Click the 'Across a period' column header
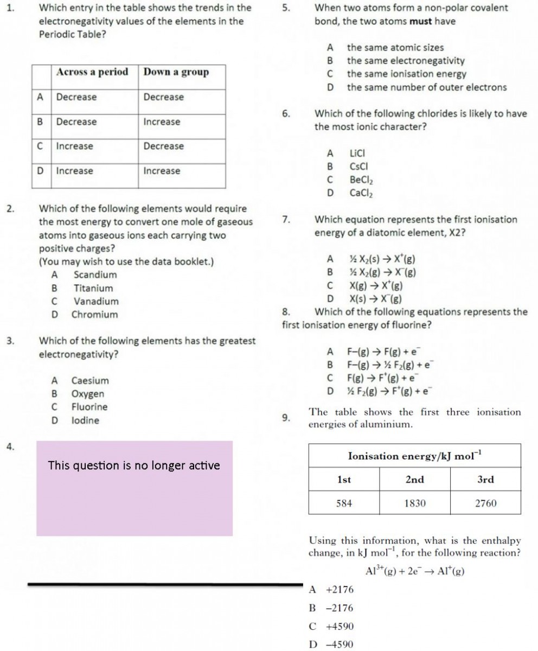(x=92, y=72)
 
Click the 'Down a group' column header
(x=176, y=72)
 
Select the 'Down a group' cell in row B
(x=162, y=122)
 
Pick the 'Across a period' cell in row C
(x=74, y=146)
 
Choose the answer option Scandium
(x=95, y=275)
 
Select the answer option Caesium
(x=90, y=381)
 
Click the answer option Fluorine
(x=89, y=407)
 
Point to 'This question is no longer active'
(x=134, y=465)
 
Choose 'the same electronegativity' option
(x=406, y=61)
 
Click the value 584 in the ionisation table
(x=344, y=503)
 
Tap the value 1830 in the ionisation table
(x=415, y=503)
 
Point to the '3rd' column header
(x=485, y=480)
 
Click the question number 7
(x=286, y=220)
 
